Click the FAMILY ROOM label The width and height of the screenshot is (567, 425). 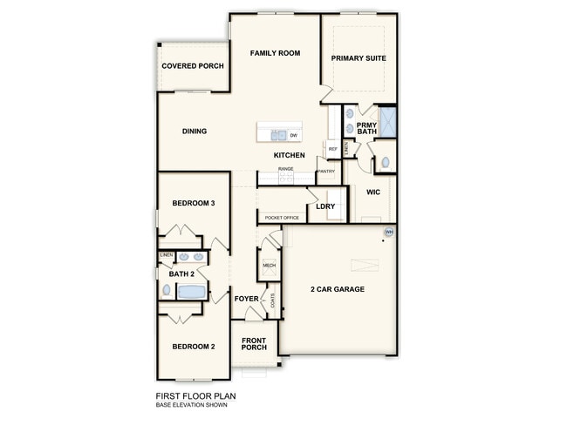275,53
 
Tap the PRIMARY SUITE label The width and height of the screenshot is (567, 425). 359,58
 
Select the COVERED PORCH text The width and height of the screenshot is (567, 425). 193,66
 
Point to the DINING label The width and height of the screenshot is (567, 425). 195,132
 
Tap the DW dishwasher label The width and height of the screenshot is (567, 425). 293,136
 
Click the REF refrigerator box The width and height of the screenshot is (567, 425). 332,150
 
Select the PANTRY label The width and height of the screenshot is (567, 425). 326,172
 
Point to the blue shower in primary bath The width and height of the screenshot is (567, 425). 388,121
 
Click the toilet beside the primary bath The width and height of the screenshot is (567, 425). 384,162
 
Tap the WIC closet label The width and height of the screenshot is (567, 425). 372,192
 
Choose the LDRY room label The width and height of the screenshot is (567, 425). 325,206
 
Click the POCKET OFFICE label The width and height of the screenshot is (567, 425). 282,218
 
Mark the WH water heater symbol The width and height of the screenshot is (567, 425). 389,233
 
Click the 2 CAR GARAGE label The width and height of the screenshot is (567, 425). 338,289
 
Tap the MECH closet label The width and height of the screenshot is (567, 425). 269,265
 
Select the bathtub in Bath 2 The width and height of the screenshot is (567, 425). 191,292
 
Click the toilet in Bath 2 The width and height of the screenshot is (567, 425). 166,291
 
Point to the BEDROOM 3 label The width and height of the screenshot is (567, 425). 194,203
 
